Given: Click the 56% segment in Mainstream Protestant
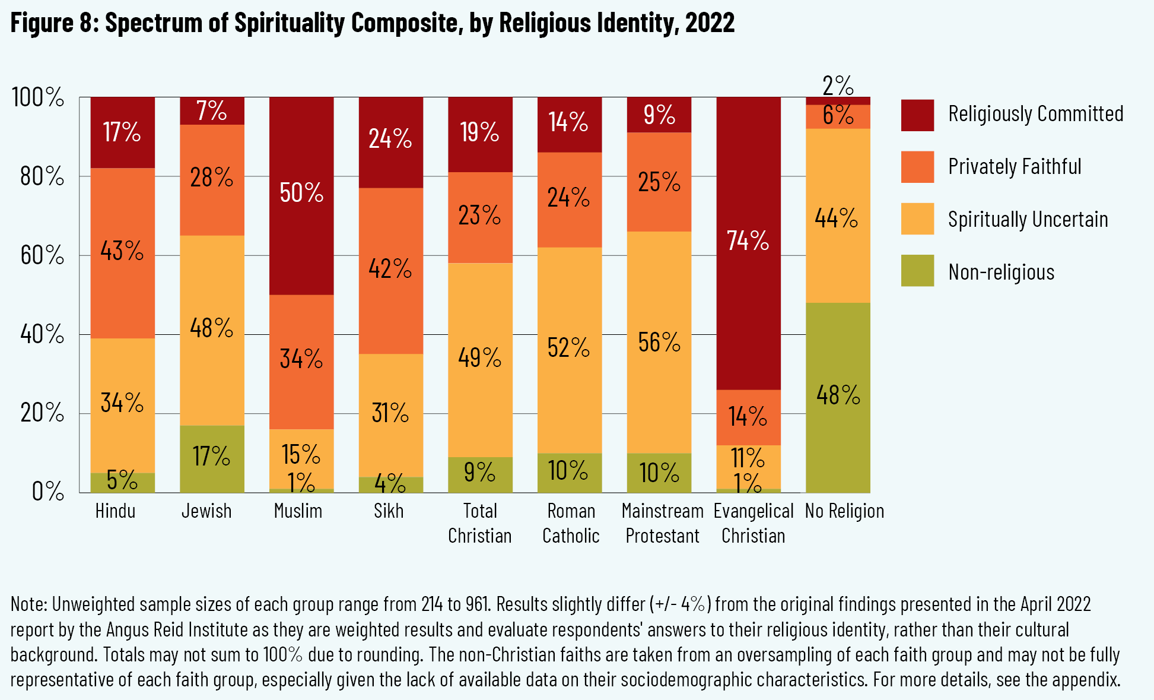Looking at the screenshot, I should pyautogui.click(x=659, y=342).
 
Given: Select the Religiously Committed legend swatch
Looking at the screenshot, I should pyautogui.click(x=917, y=115).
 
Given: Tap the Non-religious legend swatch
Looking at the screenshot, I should pyautogui.click(x=917, y=271).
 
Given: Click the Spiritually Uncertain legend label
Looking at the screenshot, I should pyautogui.click(x=1028, y=220).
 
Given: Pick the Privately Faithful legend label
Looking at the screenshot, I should pyautogui.click(x=1015, y=167).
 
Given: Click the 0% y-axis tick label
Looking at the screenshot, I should pyautogui.click(x=47, y=492).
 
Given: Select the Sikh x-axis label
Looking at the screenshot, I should pyautogui.click(x=389, y=511).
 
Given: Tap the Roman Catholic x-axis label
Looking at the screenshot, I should pyautogui.click(x=571, y=524).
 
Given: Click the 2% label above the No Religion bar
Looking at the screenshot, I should pyautogui.click(x=838, y=86).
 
